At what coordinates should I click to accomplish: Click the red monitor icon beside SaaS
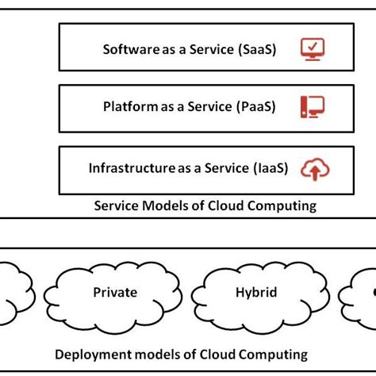(x=313, y=49)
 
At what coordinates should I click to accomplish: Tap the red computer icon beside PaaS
(x=313, y=106)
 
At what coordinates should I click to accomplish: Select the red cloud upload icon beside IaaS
(x=316, y=169)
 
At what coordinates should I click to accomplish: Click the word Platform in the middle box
(x=128, y=106)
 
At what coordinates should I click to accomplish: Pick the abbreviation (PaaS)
(x=254, y=106)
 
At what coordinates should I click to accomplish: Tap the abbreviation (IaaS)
(x=270, y=168)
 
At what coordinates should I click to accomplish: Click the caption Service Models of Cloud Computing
(x=205, y=205)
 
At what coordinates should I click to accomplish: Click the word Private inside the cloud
(x=115, y=293)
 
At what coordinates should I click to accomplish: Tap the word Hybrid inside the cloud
(x=256, y=293)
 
